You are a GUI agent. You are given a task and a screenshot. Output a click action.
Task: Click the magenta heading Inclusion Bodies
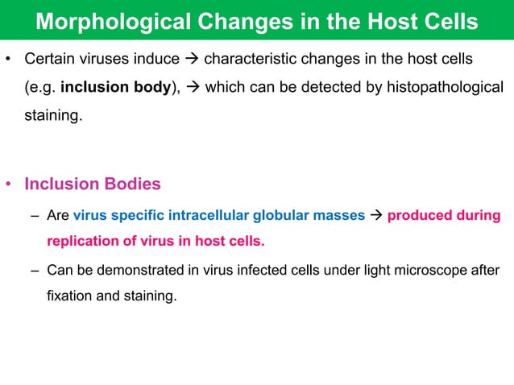click(x=93, y=184)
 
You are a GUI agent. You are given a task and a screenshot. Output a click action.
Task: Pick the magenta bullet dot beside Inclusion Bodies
click(x=9, y=185)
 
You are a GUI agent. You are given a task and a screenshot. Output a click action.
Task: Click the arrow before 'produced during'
click(x=376, y=216)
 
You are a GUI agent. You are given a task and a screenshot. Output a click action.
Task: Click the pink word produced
click(x=417, y=216)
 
